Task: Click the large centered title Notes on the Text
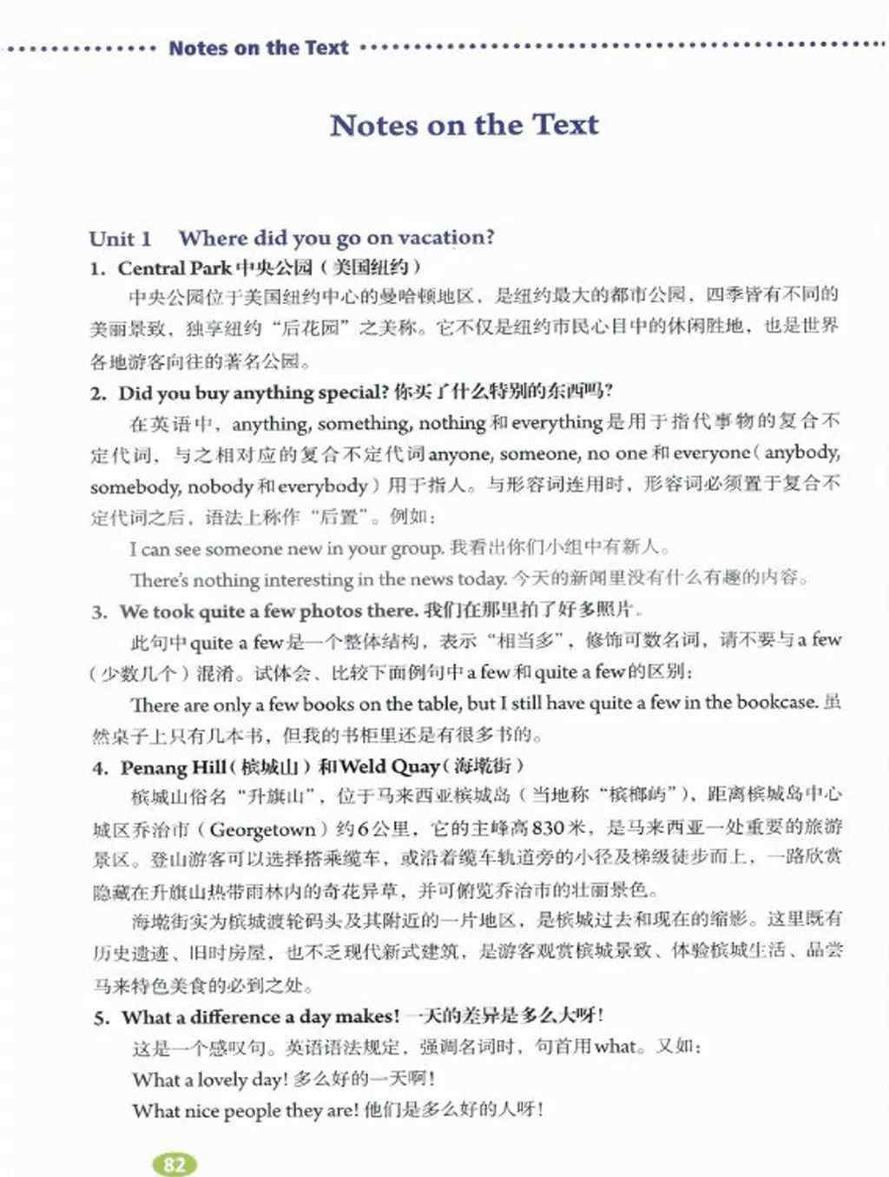(x=464, y=124)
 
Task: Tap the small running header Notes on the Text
(x=258, y=48)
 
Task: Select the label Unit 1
(x=120, y=238)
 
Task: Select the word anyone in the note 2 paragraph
(x=459, y=453)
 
